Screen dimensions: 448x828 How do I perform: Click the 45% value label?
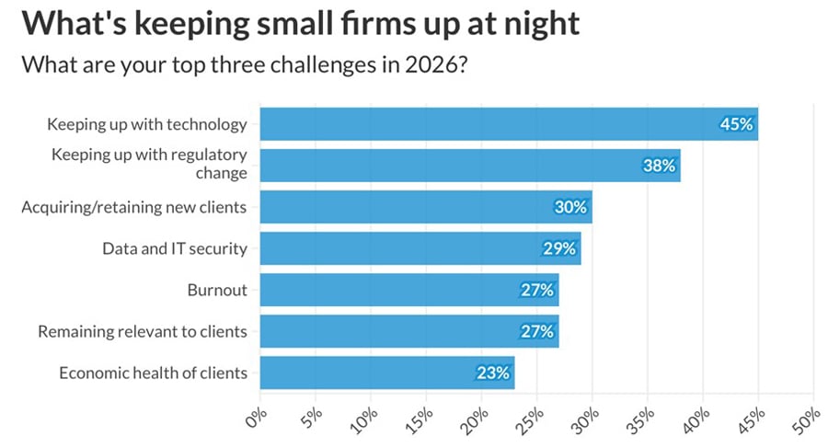tap(737, 124)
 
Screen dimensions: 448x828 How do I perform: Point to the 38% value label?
tap(660, 166)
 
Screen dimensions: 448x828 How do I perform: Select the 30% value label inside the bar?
tap(570, 207)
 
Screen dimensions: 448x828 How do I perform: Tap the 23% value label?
tap(493, 373)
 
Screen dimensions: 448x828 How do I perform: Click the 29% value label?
tap(559, 248)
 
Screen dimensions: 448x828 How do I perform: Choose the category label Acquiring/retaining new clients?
tap(134, 207)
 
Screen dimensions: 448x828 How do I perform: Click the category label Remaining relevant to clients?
tap(143, 331)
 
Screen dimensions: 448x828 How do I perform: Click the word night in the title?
tap(536, 23)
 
